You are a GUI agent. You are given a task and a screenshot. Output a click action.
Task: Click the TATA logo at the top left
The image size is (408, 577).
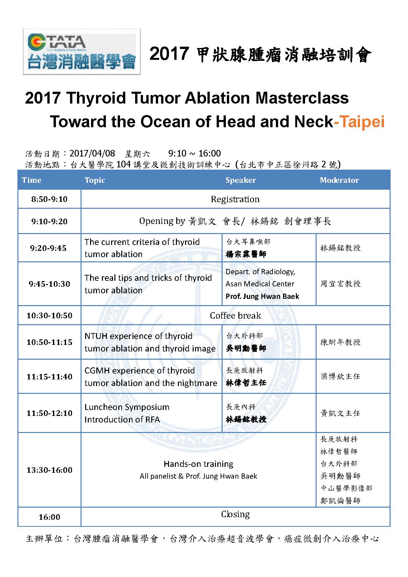coord(82,52)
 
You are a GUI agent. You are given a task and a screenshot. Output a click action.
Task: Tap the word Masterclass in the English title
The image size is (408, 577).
coord(302,98)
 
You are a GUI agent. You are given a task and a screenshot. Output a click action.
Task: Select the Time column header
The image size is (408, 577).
coord(32,180)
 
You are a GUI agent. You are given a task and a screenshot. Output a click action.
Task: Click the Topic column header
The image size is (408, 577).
coord(95,180)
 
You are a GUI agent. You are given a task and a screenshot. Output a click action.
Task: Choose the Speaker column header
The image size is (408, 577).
coord(241,180)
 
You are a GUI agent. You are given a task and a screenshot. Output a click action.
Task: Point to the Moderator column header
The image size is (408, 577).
coord(339,180)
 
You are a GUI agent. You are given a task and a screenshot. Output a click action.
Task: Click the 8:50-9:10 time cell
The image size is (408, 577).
coord(49,199)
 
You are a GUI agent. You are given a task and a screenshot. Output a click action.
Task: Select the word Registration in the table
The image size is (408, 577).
coord(235,199)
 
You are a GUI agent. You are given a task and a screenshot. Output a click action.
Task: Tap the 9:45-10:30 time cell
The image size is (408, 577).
coord(49,284)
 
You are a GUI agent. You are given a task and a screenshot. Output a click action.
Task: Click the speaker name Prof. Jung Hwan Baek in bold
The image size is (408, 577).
coord(262,296)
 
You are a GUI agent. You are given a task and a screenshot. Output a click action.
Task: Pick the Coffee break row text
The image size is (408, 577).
coord(235,316)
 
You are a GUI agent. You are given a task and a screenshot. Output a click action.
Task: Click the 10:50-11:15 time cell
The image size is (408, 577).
coord(49,342)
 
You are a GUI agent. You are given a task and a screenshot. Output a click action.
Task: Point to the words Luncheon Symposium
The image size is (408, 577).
coord(127,407)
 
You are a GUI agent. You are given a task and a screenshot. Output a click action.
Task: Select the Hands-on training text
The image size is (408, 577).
coord(199,464)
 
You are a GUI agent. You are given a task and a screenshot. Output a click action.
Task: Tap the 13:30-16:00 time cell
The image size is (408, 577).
coord(49,470)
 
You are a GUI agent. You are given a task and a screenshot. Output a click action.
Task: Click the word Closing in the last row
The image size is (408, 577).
coord(235,514)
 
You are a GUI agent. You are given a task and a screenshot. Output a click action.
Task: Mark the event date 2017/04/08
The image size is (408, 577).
coord(92,153)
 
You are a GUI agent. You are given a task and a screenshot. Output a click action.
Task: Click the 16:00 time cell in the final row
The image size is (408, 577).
coord(49,517)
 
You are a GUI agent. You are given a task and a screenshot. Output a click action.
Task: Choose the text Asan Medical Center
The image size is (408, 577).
coord(260,284)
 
